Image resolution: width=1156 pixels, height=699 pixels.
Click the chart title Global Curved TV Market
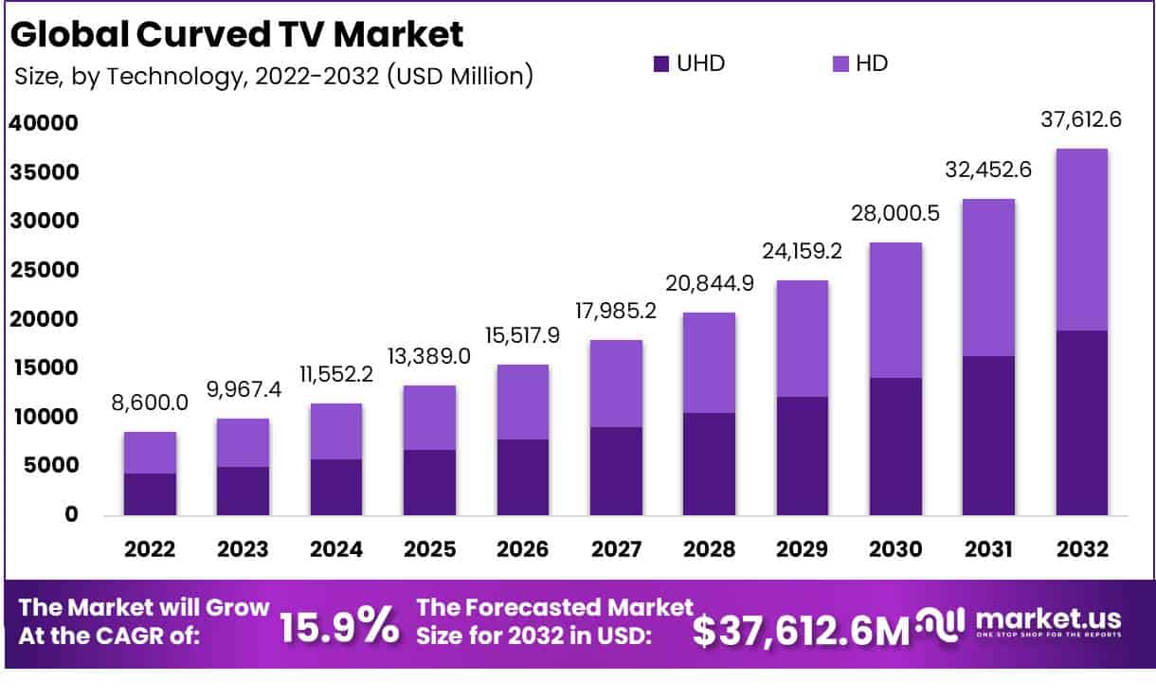tap(237, 34)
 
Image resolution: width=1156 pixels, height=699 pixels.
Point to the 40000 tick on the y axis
tap(44, 123)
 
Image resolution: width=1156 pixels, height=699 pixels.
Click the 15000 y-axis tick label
tap(44, 367)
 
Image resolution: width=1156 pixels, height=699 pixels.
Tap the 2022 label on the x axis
tap(150, 549)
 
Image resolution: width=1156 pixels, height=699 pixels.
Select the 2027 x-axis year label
tap(615, 549)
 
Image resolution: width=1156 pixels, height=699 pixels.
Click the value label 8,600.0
tap(150, 402)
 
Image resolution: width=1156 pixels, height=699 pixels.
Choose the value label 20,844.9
tap(709, 282)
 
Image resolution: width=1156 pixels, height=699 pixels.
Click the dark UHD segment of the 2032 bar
tap(1081, 422)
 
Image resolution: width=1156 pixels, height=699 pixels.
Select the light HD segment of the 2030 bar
tap(894, 310)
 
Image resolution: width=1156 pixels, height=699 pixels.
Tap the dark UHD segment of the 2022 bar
tap(150, 494)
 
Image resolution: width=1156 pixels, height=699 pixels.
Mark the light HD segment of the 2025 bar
tap(429, 418)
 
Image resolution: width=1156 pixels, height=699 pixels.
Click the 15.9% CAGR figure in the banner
tap(339, 626)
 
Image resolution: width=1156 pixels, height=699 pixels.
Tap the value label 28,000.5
tap(894, 213)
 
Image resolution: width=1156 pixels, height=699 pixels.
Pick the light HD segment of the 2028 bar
tap(709, 363)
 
